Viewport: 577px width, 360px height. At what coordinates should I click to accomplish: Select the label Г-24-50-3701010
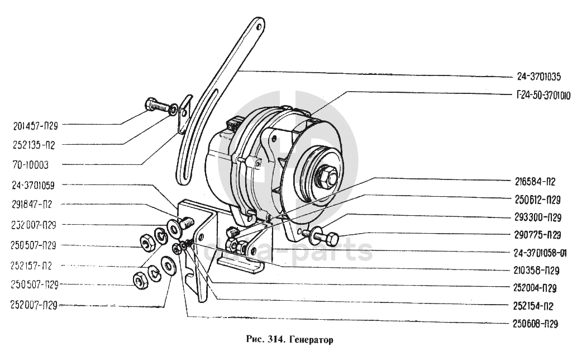pos(535,96)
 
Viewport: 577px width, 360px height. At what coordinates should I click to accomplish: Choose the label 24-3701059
pos(35,185)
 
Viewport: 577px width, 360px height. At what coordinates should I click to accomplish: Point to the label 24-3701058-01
pos(535,252)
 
